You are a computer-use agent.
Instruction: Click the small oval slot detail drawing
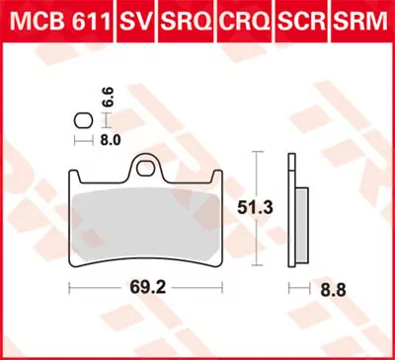[x=82, y=121]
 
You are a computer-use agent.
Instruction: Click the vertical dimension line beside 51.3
[x=259, y=208]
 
